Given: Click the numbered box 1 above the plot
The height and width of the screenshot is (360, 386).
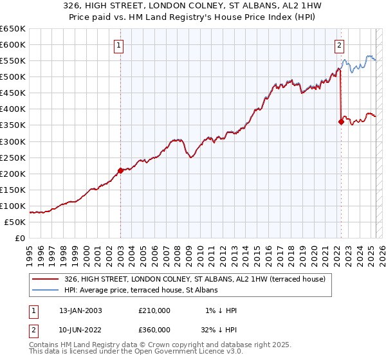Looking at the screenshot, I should pyautogui.click(x=120, y=45).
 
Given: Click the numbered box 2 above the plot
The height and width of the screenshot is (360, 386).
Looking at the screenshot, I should pyautogui.click(x=339, y=45).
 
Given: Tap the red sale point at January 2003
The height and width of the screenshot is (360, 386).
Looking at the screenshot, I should pyautogui.click(x=120, y=170).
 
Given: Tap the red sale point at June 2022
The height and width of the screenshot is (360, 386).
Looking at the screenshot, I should pyautogui.click(x=341, y=122).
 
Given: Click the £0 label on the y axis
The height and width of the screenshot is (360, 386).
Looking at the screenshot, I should pyautogui.click(x=20, y=238).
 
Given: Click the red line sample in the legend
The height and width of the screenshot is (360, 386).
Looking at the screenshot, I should pyautogui.click(x=46, y=279).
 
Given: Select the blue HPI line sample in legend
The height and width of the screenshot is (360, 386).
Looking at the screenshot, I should pyautogui.click(x=46, y=290).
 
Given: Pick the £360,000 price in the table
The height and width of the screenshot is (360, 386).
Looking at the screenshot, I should pyautogui.click(x=154, y=330).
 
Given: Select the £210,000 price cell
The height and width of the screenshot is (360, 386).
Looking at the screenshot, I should pyautogui.click(x=154, y=310).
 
